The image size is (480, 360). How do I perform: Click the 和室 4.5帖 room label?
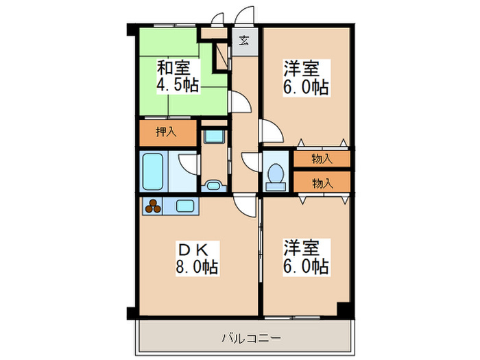click(x=178, y=76)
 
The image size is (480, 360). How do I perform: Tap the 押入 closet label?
click(x=166, y=132)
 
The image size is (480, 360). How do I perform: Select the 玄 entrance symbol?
click(x=244, y=40)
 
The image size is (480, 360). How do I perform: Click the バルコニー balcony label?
click(x=252, y=337)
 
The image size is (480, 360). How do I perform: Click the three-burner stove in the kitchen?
click(x=154, y=205)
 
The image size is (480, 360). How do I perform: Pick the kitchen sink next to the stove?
click(x=185, y=205)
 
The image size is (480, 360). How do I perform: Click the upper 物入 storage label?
click(x=322, y=159)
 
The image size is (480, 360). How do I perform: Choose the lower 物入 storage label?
click(x=322, y=182)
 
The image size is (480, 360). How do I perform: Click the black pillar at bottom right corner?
click(x=348, y=310)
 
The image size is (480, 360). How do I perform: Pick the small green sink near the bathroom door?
click(x=214, y=184)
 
